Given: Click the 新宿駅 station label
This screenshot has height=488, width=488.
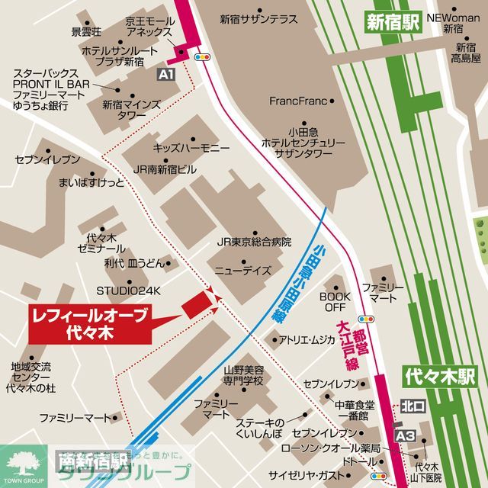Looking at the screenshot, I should (392, 22).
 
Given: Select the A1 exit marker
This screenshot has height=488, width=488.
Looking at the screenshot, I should (167, 75).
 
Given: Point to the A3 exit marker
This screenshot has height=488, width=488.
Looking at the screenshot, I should (405, 435).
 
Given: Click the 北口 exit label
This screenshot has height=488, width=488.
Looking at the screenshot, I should (411, 406).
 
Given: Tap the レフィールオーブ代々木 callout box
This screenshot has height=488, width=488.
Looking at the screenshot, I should (91, 322).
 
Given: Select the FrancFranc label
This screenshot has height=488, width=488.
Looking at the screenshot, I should (298, 101).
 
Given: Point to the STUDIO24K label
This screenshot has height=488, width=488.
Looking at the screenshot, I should (129, 291).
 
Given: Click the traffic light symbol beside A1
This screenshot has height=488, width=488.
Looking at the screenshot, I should (203, 56).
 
